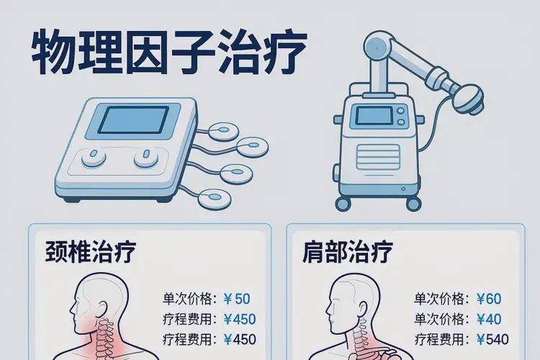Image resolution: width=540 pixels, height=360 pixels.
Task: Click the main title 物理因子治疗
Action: pos(169,52)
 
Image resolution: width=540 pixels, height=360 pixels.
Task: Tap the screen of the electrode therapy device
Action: pos(133,120)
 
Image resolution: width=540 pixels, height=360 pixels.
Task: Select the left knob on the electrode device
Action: pos(94,158)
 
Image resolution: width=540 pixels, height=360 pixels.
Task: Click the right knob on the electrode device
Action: pos(146,158)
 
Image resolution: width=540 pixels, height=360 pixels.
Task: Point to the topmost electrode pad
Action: pos(224,132)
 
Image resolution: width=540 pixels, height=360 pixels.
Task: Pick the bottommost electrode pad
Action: pos(215,199)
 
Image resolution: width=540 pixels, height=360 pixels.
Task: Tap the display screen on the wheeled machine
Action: pos(374,115)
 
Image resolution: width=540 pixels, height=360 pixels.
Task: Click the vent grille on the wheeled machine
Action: pos(378,157)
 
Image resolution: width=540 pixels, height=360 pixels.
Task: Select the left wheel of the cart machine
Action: pos(343,203)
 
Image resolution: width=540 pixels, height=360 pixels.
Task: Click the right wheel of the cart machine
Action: pos(413,204)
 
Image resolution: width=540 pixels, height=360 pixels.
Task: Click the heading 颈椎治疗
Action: pos(91,252)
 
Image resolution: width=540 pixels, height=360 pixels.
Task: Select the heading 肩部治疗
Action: pos(348,252)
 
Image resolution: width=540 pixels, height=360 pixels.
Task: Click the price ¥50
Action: pos(237,299)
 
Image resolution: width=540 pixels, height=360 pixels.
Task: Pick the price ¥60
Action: pos(489,299)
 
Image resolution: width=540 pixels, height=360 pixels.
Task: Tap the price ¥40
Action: pos(489,319)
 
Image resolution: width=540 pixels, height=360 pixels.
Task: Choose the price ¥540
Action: pos(492,340)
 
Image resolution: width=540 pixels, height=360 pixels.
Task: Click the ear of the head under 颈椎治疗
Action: pos(104,309)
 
